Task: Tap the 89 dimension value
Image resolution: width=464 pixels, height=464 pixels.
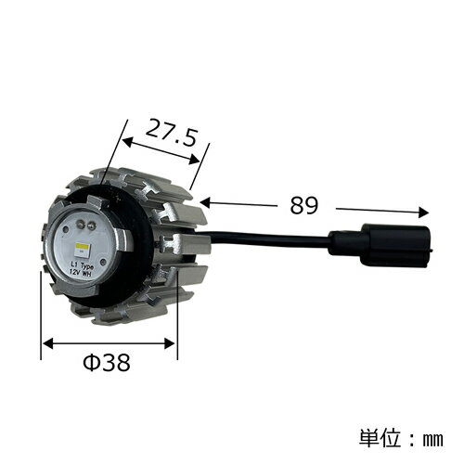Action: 303,205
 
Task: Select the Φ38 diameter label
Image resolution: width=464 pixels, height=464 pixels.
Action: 107,362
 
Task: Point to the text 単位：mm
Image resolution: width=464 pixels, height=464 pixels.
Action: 401,438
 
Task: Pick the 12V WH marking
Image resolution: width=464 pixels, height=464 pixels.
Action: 80,273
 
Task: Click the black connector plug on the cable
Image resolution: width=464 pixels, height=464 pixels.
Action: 380,244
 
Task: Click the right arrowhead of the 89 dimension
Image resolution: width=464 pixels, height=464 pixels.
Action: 423,213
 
